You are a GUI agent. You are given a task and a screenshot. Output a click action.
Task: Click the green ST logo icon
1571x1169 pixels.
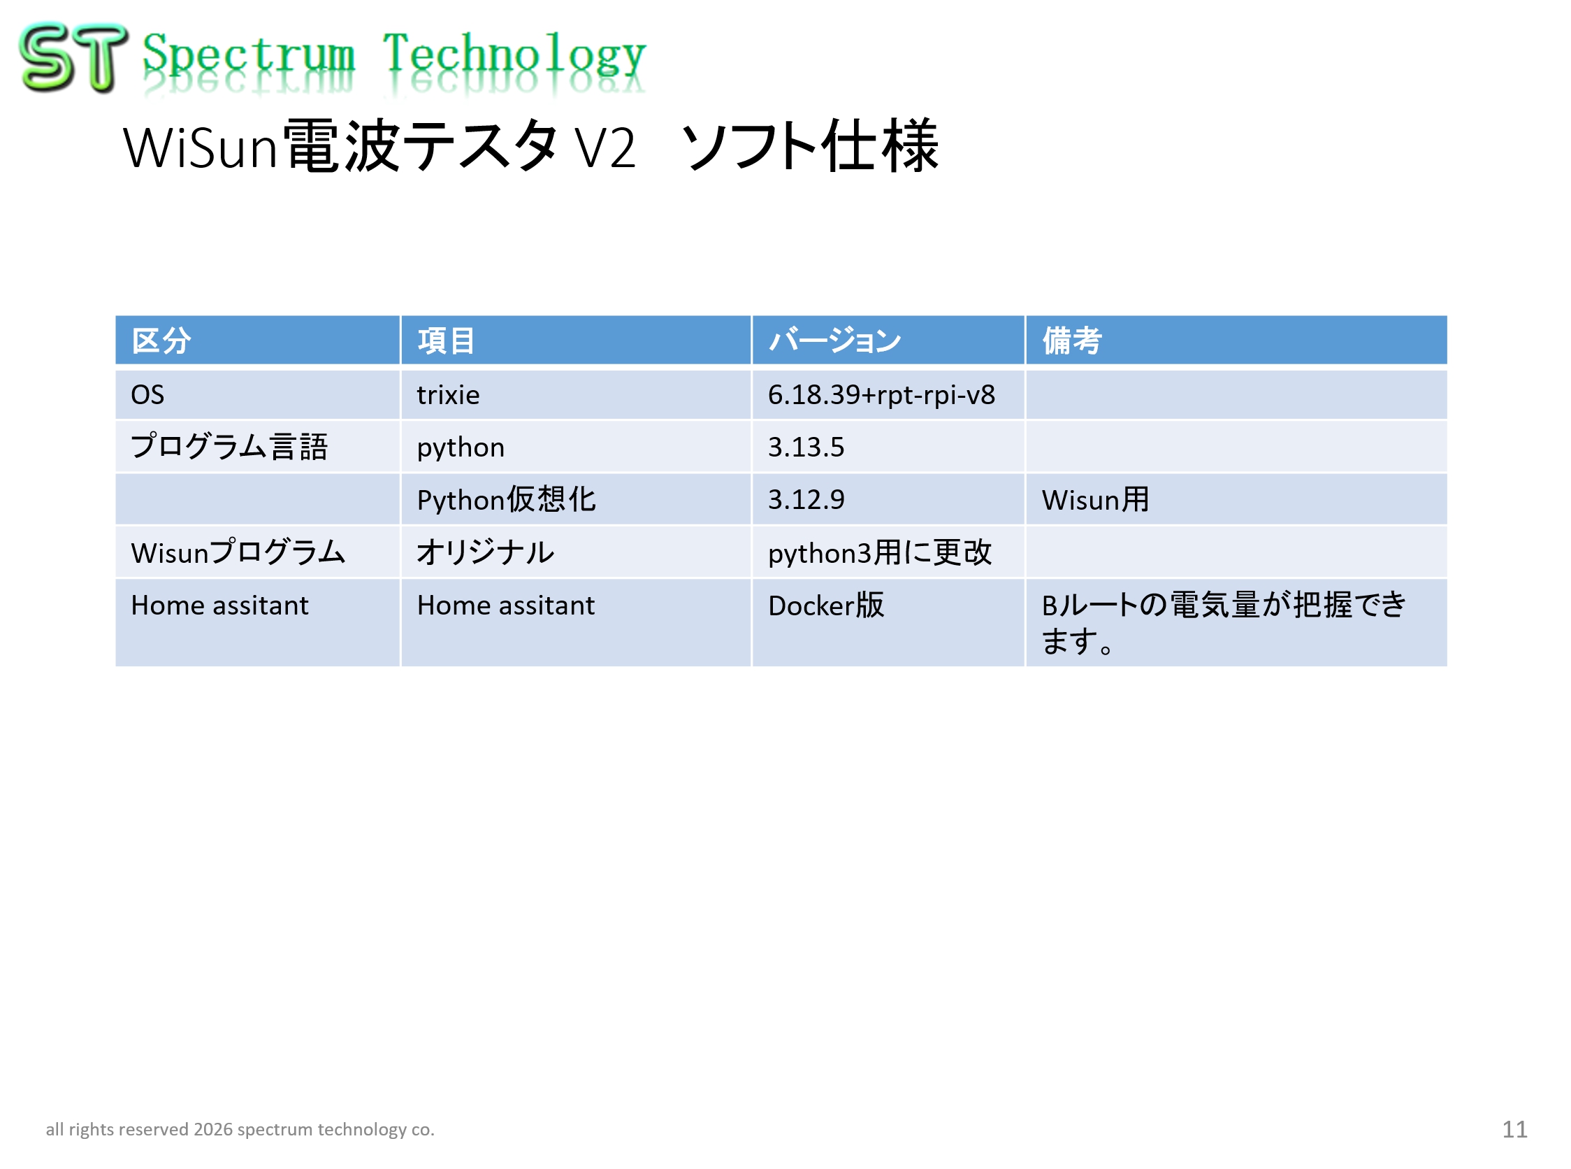pyautogui.click(x=73, y=57)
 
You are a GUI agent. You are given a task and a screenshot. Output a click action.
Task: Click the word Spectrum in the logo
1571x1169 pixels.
pyautogui.click(x=248, y=55)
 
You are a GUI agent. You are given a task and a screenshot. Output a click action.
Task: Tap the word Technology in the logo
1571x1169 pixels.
pyautogui.click(x=514, y=55)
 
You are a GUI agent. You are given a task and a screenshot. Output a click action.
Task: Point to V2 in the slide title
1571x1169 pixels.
pyautogui.click(x=604, y=148)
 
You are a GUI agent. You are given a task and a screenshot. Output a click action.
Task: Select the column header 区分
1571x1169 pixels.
pyautogui.click(x=161, y=340)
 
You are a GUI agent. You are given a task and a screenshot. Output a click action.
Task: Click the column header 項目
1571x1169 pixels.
pyautogui.click(x=446, y=340)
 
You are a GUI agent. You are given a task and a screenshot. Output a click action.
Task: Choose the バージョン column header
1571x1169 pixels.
pyautogui.click(x=834, y=340)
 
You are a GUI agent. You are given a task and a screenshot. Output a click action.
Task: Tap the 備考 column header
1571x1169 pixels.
pyautogui.click(x=1071, y=340)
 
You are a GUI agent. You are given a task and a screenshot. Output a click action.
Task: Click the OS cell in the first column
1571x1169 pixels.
pyautogui.click(x=147, y=395)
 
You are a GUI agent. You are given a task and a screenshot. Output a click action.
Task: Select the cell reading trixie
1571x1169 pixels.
pyautogui.click(x=448, y=395)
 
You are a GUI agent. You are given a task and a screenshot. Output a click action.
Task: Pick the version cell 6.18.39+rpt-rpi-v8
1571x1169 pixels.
pyautogui.click(x=881, y=395)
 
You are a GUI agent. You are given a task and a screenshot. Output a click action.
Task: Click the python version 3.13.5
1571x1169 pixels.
pyautogui.click(x=806, y=447)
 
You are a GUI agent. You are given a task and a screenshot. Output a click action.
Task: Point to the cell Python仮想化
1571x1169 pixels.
pyautogui.click(x=507, y=500)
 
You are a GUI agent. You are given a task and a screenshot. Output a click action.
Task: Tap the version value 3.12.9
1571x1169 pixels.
pyautogui.click(x=806, y=500)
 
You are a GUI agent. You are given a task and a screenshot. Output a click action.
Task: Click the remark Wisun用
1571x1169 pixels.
pyautogui.click(x=1095, y=500)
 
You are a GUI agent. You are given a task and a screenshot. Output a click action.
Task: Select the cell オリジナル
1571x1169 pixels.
pyautogui.click(x=485, y=552)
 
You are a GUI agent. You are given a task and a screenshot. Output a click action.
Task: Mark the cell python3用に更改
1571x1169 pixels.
pyautogui.click(x=880, y=552)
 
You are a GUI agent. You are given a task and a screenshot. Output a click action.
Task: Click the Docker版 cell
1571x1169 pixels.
pyautogui.click(x=826, y=605)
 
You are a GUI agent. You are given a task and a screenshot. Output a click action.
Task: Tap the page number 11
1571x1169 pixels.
pyautogui.click(x=1514, y=1129)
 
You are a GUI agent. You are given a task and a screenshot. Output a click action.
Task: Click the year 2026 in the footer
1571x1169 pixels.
pyautogui.click(x=213, y=1129)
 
